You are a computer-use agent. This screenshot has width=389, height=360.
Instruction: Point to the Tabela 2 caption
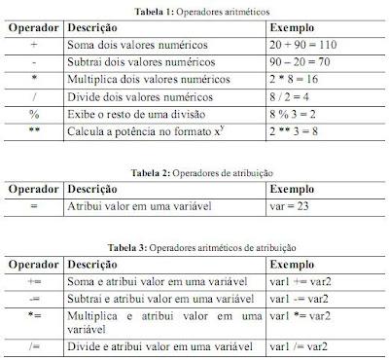[194, 171]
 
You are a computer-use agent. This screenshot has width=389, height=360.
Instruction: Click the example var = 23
[289, 206]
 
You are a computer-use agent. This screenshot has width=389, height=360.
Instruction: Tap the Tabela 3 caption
[194, 247]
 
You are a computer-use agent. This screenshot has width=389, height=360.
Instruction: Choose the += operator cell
[33, 281]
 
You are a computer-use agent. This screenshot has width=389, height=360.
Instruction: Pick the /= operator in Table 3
[33, 344]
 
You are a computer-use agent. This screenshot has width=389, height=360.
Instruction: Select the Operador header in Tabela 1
[33, 28]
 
